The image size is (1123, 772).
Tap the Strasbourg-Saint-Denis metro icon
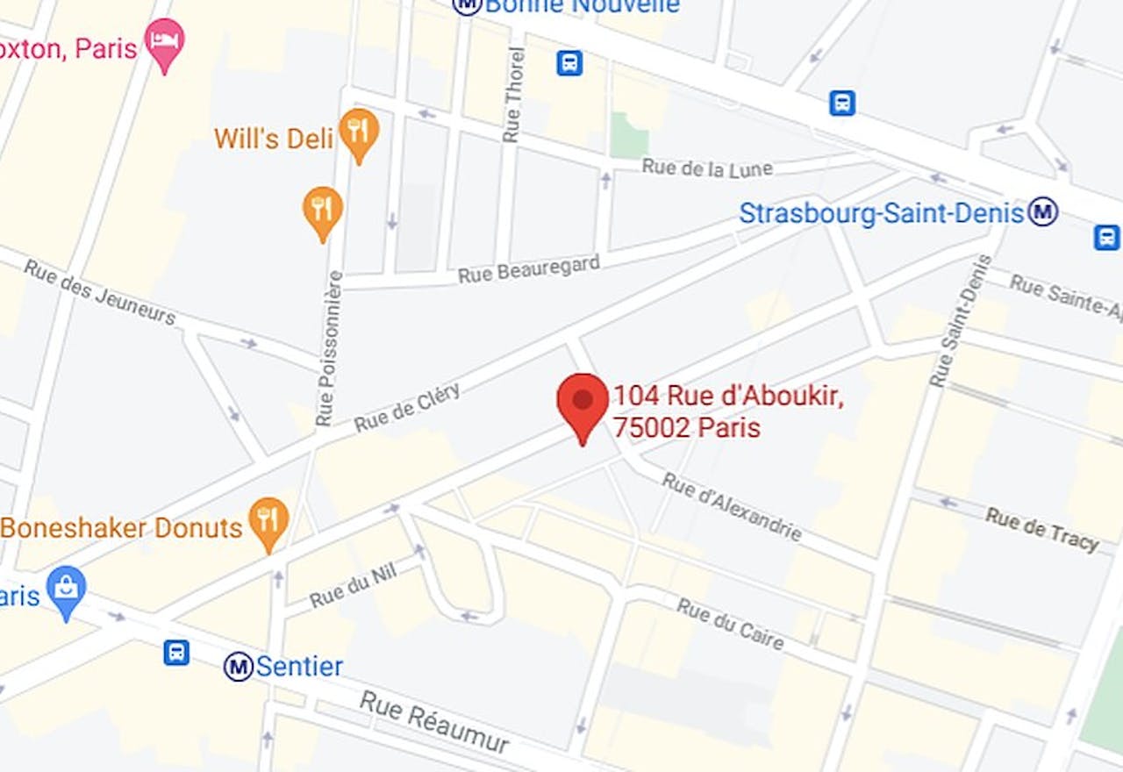point(1043,211)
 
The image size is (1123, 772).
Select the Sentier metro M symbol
point(238,667)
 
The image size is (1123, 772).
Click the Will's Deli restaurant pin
point(358,132)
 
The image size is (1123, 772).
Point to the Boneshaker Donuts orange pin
point(269,522)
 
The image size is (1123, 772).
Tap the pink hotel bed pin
point(164,41)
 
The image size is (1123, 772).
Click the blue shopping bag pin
point(66,590)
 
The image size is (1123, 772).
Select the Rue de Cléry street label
point(407,408)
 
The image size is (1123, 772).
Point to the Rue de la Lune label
point(707,168)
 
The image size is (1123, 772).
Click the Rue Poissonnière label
point(329,348)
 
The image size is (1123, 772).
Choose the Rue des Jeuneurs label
point(100,291)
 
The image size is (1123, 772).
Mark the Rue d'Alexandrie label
point(732,507)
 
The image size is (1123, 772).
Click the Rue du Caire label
point(730,624)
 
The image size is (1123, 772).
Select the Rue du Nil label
point(354,585)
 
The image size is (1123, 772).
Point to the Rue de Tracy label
point(1042,529)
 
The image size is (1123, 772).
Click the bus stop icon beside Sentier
point(176,652)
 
